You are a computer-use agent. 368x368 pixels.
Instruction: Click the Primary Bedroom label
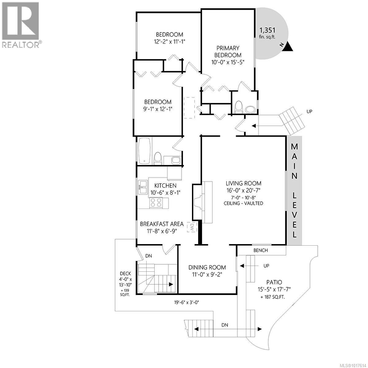click(228, 52)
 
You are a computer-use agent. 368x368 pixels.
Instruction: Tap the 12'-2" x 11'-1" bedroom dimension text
click(169, 41)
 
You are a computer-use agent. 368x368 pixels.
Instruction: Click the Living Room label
click(243, 183)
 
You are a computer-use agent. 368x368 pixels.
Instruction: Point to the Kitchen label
click(165, 186)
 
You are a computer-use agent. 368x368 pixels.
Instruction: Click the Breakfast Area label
click(162, 224)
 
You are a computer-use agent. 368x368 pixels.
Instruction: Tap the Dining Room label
click(207, 267)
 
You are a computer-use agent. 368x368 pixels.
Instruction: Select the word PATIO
click(270, 282)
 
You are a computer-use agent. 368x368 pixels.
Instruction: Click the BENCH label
click(261, 250)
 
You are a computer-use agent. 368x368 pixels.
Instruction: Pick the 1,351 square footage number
click(267, 30)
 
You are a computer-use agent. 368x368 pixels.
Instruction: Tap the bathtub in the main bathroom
click(144, 151)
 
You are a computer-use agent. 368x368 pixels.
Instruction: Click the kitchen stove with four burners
click(156, 203)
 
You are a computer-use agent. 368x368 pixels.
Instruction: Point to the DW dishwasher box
click(192, 227)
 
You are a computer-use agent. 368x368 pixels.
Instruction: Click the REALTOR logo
click(21, 25)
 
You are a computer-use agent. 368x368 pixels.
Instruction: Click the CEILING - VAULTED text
click(243, 203)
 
